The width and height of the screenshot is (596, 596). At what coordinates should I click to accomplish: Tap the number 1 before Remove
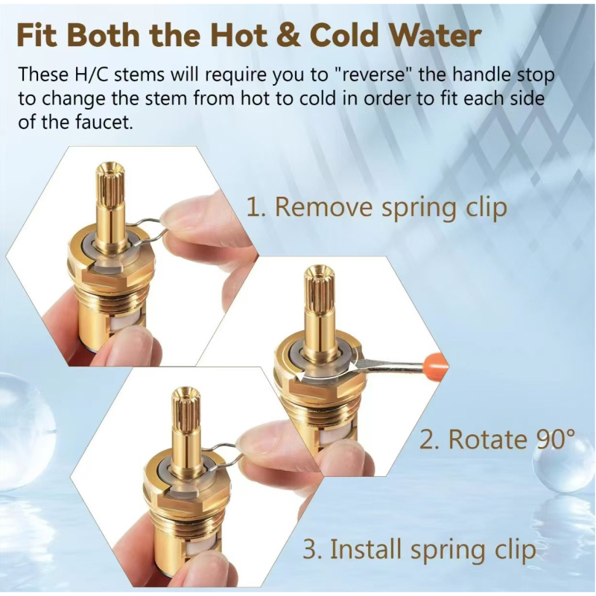coord(253,207)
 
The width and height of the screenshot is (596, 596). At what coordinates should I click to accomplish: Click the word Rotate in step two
coord(482,440)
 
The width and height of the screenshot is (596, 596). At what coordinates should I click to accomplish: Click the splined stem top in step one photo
coord(110,179)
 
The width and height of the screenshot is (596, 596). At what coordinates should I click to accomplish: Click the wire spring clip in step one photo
coord(149,221)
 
